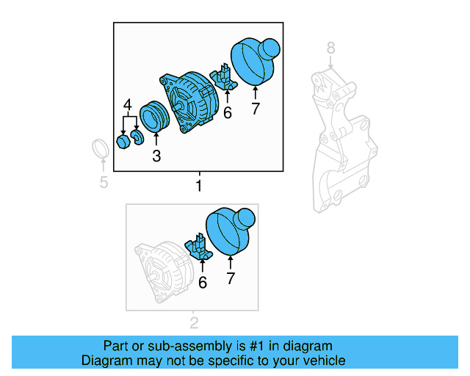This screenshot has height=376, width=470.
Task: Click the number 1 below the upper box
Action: click(198, 186)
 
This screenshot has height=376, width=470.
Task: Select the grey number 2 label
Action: click(194, 322)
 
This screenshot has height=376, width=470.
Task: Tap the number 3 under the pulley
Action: click(156, 155)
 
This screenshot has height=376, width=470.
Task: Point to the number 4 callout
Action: click(128, 106)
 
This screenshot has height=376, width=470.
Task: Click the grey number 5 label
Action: click(104, 181)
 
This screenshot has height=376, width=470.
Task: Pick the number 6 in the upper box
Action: click(227, 112)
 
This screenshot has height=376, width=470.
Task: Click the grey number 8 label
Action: click(330, 48)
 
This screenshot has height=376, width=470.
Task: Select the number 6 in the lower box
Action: click(203, 281)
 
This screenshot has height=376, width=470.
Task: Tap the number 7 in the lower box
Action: click(231, 278)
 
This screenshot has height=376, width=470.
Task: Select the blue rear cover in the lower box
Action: click(229, 231)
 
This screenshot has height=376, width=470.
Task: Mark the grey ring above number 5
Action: click(101, 150)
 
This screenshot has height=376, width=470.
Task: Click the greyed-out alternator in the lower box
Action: click(161, 271)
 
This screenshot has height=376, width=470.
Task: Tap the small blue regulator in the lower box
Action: click(200, 247)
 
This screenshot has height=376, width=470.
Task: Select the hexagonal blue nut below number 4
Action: click(123, 140)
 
